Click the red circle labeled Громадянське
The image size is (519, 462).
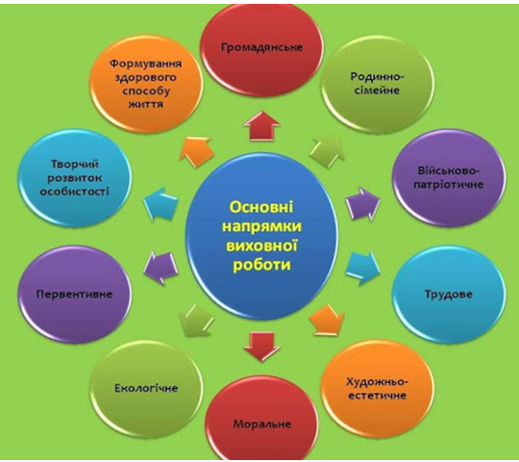261,50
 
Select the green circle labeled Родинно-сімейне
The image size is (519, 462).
377,85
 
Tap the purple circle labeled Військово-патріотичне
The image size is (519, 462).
448,178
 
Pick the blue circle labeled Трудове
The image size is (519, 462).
449,295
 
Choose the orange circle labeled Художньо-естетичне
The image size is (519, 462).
377,389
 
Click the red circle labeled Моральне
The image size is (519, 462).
261,421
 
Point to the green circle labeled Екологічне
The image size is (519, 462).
146,389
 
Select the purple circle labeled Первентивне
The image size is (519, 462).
74,295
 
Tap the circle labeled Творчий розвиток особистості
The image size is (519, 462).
74,178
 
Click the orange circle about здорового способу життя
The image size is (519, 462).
146,85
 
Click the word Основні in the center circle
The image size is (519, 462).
261,208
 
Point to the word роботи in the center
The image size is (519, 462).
261,265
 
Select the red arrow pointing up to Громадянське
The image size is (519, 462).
261,127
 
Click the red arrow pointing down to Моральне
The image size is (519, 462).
261,346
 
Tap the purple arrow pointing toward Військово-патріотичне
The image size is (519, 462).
362,203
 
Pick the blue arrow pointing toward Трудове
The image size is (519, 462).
362,269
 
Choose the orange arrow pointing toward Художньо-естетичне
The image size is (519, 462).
328,321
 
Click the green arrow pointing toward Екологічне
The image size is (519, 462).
196,321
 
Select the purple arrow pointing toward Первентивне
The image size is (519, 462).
161,269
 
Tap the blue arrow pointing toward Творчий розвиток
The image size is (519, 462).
161,203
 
